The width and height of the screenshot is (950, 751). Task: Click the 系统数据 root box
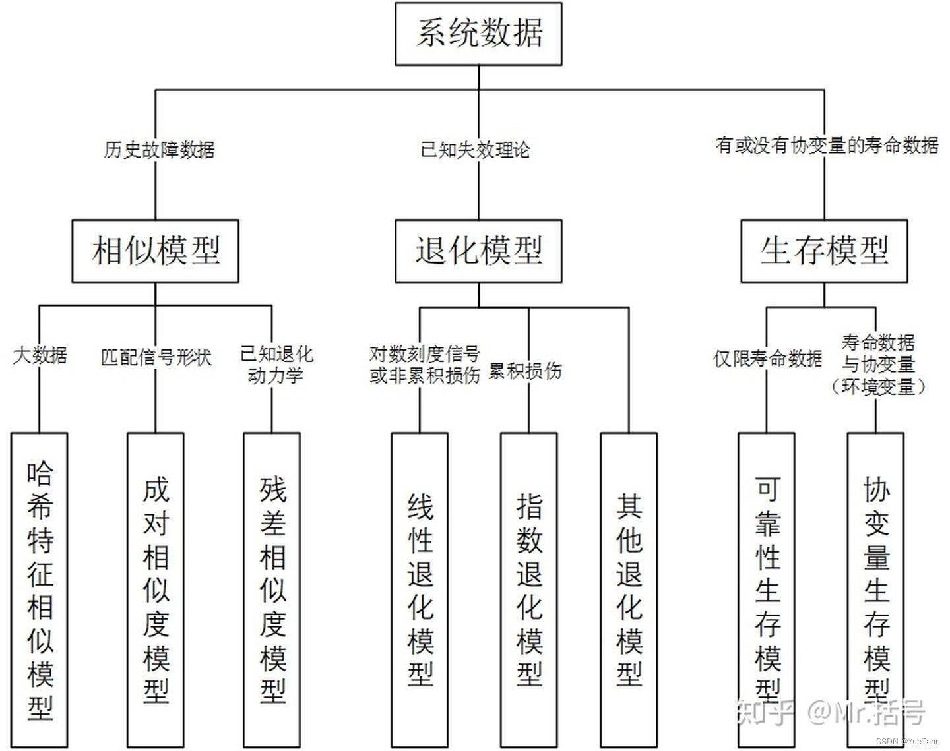(478, 34)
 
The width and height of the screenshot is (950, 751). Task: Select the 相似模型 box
(155, 251)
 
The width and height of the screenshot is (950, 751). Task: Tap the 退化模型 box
(478, 251)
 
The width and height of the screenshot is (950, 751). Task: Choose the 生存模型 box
(824, 251)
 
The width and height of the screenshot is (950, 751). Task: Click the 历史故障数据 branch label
(159, 150)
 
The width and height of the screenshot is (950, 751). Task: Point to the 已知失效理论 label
(475, 150)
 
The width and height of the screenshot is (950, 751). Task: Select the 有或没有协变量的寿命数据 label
(827, 145)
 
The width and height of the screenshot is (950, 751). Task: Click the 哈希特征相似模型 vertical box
(40, 589)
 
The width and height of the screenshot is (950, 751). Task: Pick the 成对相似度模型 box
(156, 589)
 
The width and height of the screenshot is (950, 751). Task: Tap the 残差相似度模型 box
(272, 589)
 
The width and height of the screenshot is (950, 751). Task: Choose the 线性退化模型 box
(420, 589)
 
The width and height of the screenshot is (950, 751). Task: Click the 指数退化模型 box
(529, 589)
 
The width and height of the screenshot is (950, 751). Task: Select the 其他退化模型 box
(629, 589)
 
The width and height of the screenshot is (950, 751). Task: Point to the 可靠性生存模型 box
(767, 589)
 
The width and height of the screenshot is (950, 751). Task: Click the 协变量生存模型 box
(876, 589)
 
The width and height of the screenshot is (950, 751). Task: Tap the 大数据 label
(40, 355)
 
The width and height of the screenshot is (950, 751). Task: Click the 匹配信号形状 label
(156, 357)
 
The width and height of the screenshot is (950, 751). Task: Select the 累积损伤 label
(525, 371)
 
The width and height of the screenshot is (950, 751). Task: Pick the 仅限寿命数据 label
(768, 359)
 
